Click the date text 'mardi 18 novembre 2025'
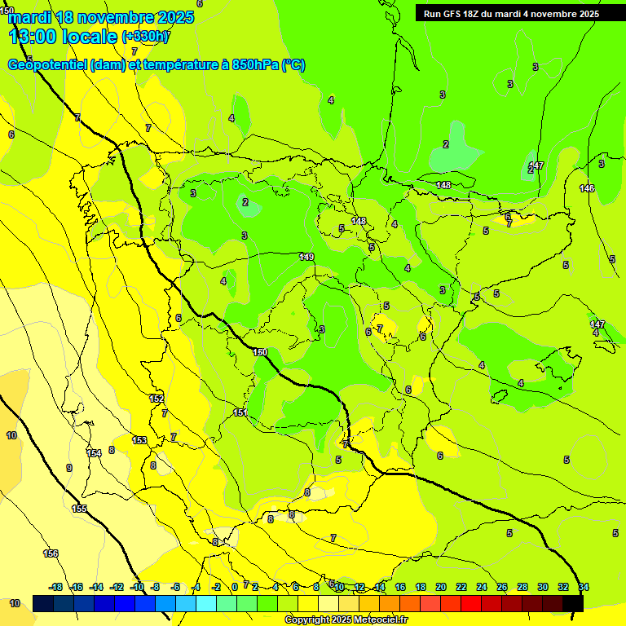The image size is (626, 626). [x=101, y=17]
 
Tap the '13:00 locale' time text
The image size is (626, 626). [x=62, y=37]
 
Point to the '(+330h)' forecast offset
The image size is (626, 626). [x=145, y=37]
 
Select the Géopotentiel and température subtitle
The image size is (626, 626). [x=156, y=65]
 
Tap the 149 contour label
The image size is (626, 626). [x=306, y=257]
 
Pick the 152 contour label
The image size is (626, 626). [x=156, y=399]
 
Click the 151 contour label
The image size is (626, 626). [x=240, y=413]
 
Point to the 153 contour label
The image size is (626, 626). [x=139, y=440]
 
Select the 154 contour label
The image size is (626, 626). [x=95, y=453]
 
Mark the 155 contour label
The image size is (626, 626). [x=79, y=509]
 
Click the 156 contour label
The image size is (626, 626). [x=51, y=553]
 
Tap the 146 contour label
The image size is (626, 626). [x=587, y=188]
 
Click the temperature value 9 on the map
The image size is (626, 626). [x=69, y=468]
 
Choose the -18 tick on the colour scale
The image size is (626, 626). [x=55, y=587]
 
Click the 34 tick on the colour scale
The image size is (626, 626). [x=584, y=587]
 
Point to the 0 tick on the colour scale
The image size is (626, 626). [x=234, y=587]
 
